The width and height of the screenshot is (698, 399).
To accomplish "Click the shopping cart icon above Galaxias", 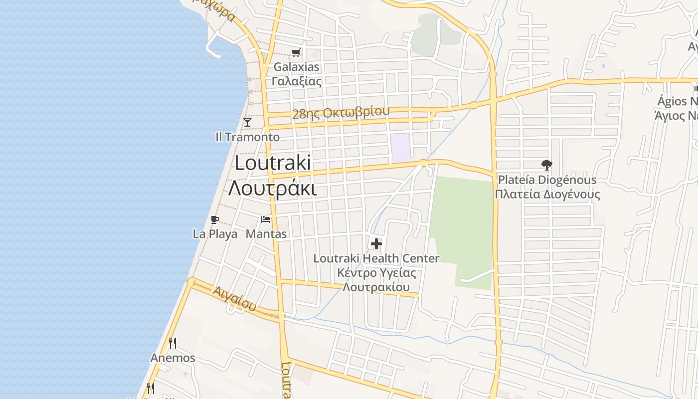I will (x=296, y=52).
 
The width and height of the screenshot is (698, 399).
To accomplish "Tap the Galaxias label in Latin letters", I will (x=296, y=67).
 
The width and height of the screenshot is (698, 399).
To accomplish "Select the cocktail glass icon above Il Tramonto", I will (x=247, y=122).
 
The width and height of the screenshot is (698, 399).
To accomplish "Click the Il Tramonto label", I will (x=247, y=137).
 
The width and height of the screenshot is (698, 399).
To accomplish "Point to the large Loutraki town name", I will (x=273, y=163).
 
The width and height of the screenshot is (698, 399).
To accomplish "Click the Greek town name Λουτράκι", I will (x=273, y=189).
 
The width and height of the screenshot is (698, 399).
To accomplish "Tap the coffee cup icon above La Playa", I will (x=215, y=219).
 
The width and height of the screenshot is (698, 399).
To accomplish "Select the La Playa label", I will (x=215, y=234).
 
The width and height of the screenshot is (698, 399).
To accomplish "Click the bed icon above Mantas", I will (x=266, y=219).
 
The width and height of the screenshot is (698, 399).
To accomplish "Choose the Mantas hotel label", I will (x=266, y=234).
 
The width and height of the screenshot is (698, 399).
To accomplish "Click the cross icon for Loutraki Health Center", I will (x=376, y=244).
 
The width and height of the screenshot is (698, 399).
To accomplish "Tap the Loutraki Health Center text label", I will (x=376, y=258).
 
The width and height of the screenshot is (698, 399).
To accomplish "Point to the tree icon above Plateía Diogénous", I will (x=547, y=165).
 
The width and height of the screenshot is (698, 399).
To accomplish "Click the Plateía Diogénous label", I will (x=547, y=180).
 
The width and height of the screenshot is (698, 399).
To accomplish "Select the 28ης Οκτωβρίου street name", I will (x=341, y=112).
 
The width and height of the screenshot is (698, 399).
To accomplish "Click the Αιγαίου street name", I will (x=234, y=298).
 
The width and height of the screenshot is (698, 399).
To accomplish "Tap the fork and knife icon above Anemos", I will (x=173, y=343).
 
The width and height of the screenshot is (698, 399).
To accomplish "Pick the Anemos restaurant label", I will (x=173, y=358).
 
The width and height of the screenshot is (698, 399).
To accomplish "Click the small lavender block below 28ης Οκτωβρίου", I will (x=400, y=148).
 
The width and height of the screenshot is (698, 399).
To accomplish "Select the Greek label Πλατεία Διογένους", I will (x=547, y=194).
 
